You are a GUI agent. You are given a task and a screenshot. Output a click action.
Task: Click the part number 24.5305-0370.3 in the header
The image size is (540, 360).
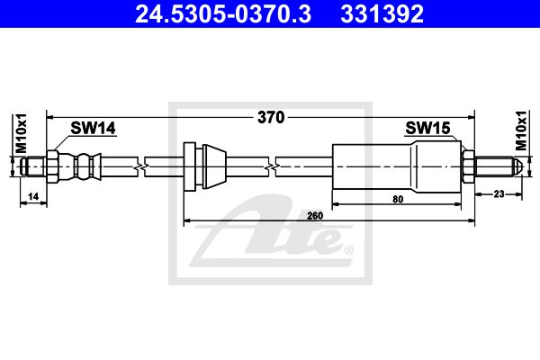coord(223,14)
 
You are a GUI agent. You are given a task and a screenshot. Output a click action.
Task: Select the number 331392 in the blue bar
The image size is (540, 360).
coord(382,14)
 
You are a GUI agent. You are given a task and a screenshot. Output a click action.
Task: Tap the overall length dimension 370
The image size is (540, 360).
coord(271,118)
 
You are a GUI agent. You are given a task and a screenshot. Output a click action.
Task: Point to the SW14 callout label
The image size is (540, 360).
coord(93,128)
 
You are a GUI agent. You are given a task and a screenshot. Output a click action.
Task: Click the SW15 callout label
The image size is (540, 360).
coord(427,128)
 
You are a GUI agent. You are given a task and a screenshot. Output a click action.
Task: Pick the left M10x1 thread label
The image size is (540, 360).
coord(22,133)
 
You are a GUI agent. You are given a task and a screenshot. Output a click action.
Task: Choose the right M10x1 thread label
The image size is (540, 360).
coord(521,130)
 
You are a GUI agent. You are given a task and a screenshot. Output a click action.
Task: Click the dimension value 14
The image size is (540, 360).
coord(33,197)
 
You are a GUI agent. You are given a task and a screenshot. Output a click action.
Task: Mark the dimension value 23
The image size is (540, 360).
coord(499,194)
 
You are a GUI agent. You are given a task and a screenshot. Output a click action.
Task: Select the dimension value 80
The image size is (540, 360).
coord(398,199)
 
